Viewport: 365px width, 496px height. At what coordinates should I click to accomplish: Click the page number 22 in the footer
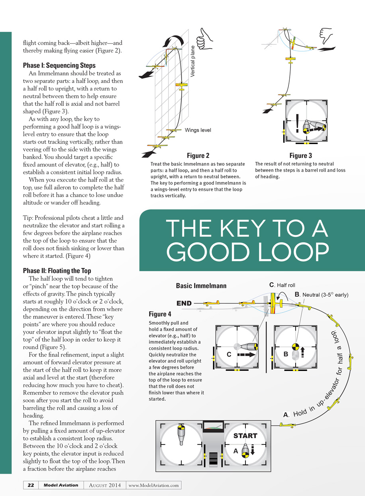(x=31, y=485)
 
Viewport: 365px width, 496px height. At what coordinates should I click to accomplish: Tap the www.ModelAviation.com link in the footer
(x=153, y=485)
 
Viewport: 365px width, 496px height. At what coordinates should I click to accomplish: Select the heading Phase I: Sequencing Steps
(x=59, y=65)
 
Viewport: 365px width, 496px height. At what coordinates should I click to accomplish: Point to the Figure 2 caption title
(x=198, y=156)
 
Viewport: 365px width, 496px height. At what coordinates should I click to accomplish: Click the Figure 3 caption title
(x=300, y=156)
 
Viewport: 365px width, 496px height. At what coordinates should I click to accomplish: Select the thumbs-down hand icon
(x=326, y=36)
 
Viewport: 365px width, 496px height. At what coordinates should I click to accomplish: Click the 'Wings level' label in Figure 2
(x=198, y=130)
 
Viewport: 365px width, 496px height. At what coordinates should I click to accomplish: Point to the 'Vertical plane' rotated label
(x=193, y=61)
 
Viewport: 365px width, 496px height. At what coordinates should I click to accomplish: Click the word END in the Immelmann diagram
(x=184, y=303)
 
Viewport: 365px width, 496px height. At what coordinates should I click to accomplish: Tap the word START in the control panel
(x=245, y=435)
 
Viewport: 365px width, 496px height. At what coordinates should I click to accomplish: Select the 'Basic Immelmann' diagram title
(x=201, y=286)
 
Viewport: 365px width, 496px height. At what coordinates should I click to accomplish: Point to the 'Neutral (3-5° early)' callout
(x=322, y=295)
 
